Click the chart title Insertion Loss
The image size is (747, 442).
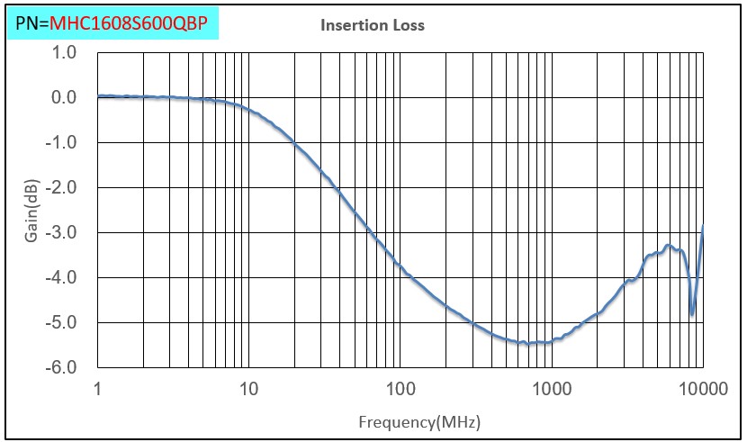point(373,25)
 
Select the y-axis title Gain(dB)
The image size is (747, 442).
point(31,211)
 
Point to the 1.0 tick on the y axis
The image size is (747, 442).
point(64,52)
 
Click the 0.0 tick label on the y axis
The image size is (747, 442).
point(64,97)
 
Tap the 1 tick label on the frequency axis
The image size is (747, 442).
point(96,389)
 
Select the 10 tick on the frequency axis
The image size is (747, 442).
point(248,389)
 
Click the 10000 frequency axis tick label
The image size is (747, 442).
point(702,389)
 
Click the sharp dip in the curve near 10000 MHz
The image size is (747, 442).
point(691,314)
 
